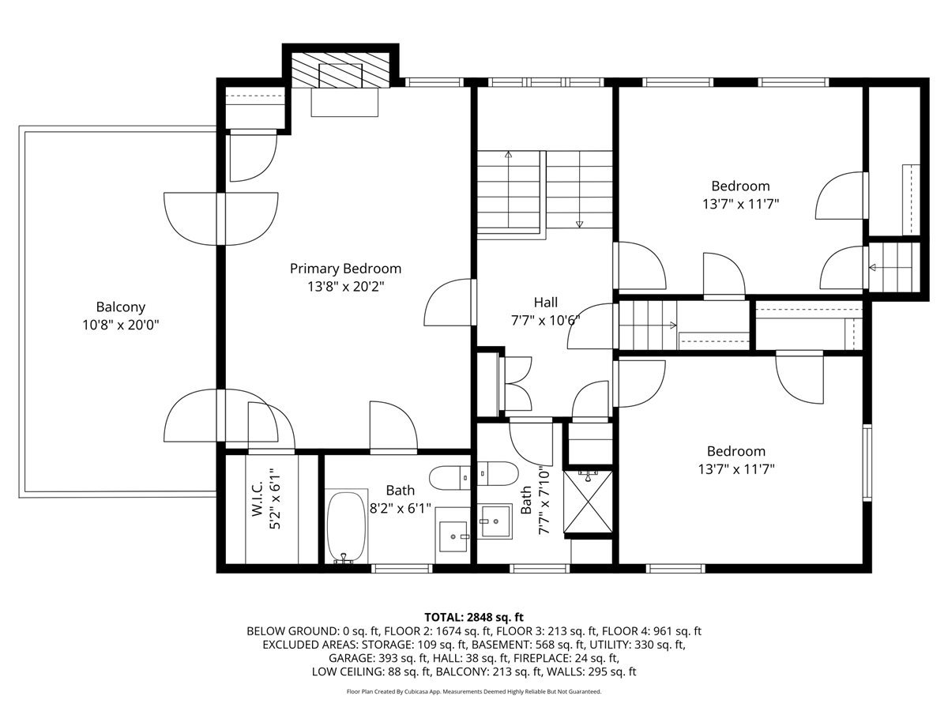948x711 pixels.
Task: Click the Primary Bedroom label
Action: (345, 269)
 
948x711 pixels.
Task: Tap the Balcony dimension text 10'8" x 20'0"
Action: (121, 325)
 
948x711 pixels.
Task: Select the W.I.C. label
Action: (257, 499)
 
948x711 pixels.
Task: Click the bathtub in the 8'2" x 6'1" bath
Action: (346, 528)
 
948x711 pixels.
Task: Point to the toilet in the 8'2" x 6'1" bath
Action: (450, 478)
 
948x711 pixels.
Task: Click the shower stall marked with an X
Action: (588, 502)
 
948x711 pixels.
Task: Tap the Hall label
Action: (545, 303)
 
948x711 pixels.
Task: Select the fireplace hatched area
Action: (340, 70)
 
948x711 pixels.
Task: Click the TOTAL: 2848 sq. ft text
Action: (474, 617)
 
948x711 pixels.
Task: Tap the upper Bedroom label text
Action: (740, 186)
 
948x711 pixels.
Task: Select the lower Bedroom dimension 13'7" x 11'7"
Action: (736, 468)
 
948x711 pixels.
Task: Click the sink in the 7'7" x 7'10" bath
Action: (495, 521)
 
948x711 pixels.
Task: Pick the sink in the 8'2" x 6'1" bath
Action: (453, 536)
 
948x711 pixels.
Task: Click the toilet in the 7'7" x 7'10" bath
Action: (498, 473)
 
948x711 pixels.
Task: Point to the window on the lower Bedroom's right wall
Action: (867, 463)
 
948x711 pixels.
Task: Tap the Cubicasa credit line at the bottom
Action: (474, 691)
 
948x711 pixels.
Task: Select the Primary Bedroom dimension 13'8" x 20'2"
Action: (345, 287)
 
